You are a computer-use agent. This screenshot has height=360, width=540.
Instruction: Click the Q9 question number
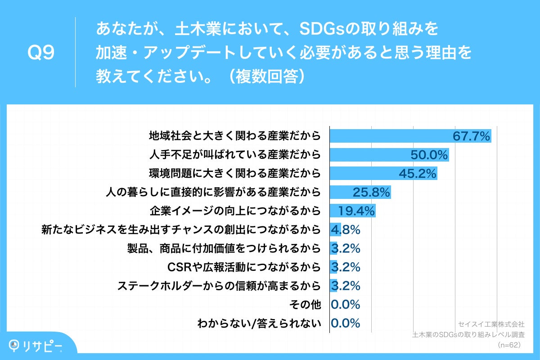pyautogui.click(x=41, y=53)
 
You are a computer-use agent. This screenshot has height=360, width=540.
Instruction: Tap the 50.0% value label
pyautogui.click(x=429, y=155)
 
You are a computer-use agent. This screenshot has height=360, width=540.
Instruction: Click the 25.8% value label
pyautogui.click(x=371, y=193)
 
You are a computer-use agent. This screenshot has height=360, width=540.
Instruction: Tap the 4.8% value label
pyautogui.click(x=346, y=230)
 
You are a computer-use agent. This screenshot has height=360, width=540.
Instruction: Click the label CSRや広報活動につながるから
pyautogui.click(x=244, y=267)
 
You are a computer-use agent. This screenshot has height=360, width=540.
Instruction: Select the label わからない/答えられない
pyautogui.click(x=259, y=324)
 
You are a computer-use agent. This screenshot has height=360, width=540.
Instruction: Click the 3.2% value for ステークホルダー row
pyautogui.click(x=346, y=286)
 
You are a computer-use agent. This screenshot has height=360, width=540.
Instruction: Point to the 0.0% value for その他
pyautogui.click(x=346, y=305)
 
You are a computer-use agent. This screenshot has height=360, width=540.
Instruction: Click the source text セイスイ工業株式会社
pyautogui.click(x=491, y=324)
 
